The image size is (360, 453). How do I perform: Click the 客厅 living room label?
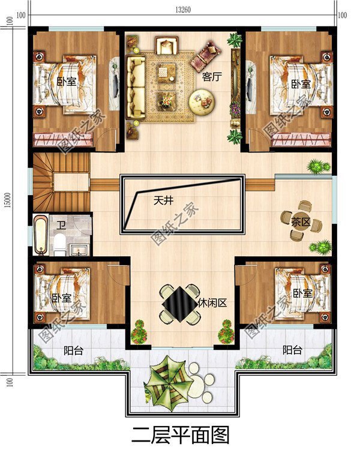(x=210, y=76)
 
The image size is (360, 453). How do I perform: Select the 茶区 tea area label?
(x=300, y=221)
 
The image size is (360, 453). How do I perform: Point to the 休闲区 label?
(x=212, y=303)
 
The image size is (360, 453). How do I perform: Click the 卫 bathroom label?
(x=61, y=225)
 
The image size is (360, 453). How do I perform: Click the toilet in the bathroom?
(x=59, y=244)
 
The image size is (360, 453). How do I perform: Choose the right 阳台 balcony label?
(x=292, y=350)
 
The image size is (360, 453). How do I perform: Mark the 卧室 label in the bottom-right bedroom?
(x=302, y=293)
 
